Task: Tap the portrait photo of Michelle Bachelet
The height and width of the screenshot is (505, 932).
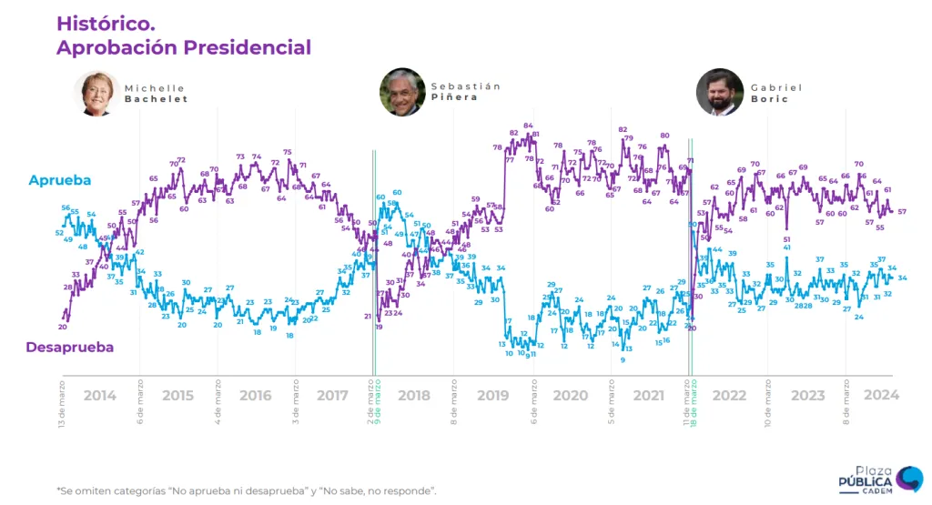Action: pyautogui.click(x=96, y=93)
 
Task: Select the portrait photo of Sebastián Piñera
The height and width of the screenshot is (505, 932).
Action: pyautogui.click(x=402, y=92)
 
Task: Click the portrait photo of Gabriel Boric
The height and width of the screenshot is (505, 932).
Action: pyautogui.click(x=719, y=92)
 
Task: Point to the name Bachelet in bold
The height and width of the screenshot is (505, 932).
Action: pyautogui.click(x=156, y=99)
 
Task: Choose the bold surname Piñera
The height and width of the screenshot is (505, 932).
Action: pyautogui.click(x=454, y=97)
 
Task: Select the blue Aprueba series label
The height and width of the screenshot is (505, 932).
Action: pyautogui.click(x=60, y=181)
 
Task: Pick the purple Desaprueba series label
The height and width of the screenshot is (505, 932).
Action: pyautogui.click(x=69, y=347)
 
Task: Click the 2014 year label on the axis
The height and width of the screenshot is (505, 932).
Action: pyautogui.click(x=100, y=395)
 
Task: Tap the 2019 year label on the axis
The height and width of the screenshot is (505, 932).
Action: pyautogui.click(x=492, y=395)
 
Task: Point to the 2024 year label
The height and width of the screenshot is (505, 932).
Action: pyautogui.click(x=881, y=395)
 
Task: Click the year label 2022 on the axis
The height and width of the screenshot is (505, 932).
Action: pyautogui.click(x=729, y=395)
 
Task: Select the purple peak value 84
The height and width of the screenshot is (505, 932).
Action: pyautogui.click(x=528, y=126)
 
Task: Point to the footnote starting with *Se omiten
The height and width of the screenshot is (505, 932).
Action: pyautogui.click(x=246, y=490)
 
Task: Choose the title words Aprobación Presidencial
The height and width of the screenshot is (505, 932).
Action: pyautogui.click(x=184, y=47)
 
